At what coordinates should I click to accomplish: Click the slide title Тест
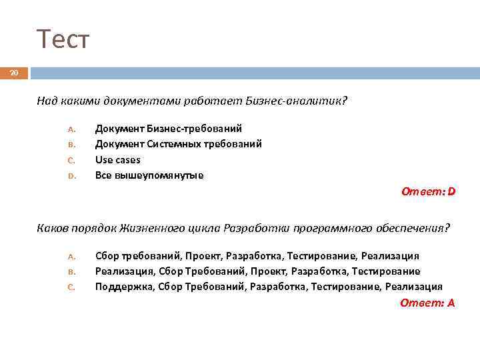click(63, 40)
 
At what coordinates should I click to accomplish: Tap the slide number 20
click(14, 73)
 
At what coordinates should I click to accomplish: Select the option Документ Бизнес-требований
click(168, 128)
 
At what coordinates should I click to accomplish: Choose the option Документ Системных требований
click(178, 144)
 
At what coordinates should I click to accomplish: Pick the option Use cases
click(118, 160)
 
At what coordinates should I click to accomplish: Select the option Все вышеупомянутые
click(149, 176)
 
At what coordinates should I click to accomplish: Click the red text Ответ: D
click(428, 192)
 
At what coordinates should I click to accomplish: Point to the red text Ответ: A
click(428, 303)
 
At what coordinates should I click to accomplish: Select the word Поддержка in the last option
click(123, 287)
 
